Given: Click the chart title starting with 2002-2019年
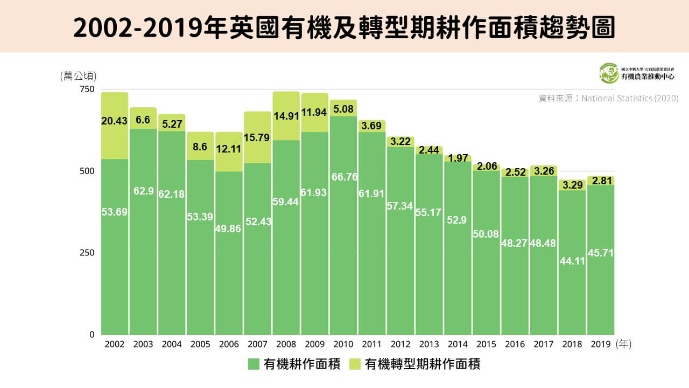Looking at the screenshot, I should tap(344, 27).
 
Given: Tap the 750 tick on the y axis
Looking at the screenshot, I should tap(88, 89).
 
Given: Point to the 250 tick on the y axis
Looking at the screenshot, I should tap(88, 253).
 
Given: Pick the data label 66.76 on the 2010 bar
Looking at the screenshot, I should tap(343, 177).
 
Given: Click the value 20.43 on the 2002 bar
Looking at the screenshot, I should tap(115, 121).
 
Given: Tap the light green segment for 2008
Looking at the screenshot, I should tap(286, 116).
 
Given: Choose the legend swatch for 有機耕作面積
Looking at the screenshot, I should tap(254, 364).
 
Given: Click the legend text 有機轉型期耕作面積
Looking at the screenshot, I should tap(422, 364).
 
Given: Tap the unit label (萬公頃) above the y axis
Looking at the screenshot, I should tap(78, 76).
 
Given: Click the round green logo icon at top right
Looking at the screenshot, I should tap(609, 73).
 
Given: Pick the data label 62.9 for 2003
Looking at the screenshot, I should tap(143, 190).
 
